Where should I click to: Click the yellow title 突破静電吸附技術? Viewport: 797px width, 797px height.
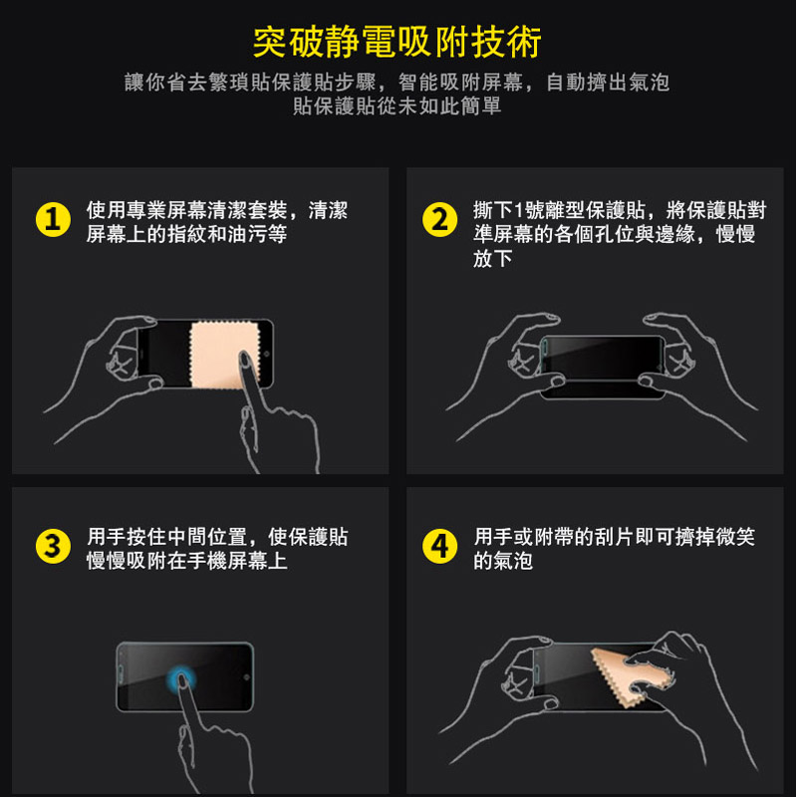click(x=397, y=42)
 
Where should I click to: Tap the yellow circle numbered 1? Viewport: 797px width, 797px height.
click(x=53, y=219)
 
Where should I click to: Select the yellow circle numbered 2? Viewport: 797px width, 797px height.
click(x=439, y=219)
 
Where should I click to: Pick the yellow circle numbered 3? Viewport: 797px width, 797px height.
click(x=53, y=546)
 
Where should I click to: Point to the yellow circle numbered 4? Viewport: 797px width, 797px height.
click(x=439, y=546)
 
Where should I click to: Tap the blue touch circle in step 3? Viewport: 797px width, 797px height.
click(x=181, y=678)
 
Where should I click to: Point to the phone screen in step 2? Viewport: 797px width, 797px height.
click(x=604, y=358)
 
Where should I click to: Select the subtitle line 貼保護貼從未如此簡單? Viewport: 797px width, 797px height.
click(x=397, y=106)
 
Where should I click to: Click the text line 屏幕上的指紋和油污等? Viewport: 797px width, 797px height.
click(x=186, y=234)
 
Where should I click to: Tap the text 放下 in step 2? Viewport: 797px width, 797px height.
click(x=492, y=258)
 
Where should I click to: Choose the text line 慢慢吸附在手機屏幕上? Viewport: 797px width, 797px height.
click(x=186, y=561)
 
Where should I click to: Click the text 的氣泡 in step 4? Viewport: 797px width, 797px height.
click(x=503, y=561)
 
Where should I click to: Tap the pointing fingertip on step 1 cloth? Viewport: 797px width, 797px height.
click(x=245, y=359)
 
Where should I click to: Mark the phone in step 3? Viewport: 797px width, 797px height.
click(x=185, y=677)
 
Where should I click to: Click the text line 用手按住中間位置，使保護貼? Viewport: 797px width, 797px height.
click(x=217, y=536)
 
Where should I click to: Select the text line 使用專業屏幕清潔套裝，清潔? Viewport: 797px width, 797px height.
click(x=217, y=210)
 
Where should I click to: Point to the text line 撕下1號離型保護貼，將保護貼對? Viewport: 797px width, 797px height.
click(x=620, y=210)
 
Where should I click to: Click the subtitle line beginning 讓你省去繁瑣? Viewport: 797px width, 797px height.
click(x=397, y=82)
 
